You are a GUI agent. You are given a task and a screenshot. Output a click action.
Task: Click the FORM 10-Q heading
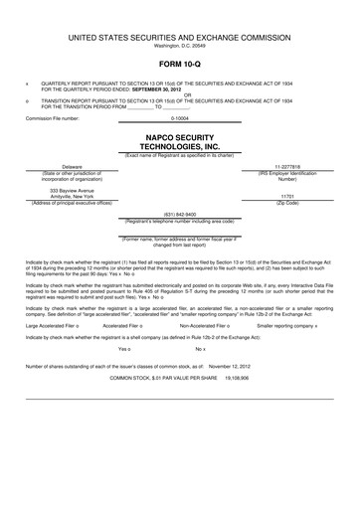pos(179,61)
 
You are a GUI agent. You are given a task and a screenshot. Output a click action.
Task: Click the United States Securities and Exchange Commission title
pos(179,37)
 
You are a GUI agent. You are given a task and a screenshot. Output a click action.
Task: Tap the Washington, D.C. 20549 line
pos(179,46)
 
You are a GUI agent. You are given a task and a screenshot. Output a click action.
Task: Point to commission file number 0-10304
pos(179,118)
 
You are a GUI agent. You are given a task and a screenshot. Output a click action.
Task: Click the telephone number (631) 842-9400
pos(179,214)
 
